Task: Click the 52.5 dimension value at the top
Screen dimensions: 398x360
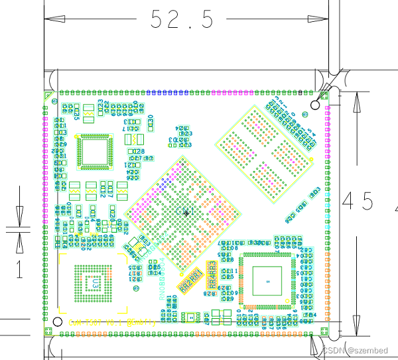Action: (182, 19)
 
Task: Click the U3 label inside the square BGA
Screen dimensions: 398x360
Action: (97, 284)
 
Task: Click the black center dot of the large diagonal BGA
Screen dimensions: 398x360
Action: (186, 213)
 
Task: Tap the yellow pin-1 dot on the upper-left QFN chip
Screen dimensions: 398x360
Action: (79, 137)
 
